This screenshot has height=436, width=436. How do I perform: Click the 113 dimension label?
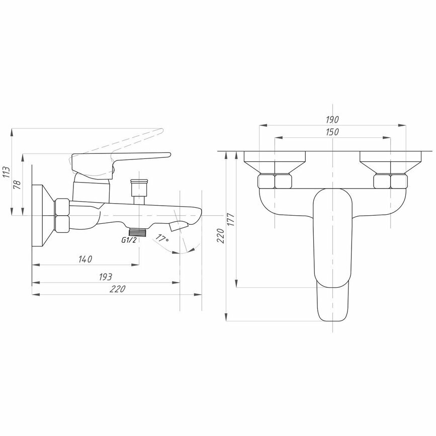pos(7,172)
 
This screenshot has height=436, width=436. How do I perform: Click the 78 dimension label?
pos(17,185)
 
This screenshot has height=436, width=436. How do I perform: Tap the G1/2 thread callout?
pos(129,240)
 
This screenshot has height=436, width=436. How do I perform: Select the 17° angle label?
pos(162,238)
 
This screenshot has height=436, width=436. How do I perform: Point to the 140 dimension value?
pos(85,259)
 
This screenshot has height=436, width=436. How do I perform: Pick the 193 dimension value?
pos(106,277)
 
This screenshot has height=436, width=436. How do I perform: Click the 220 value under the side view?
pos(117,289)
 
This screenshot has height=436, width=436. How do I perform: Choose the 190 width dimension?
pos(332,120)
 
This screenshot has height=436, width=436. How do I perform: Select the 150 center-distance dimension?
pos(332,132)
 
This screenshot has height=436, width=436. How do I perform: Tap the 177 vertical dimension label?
pos(231,219)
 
